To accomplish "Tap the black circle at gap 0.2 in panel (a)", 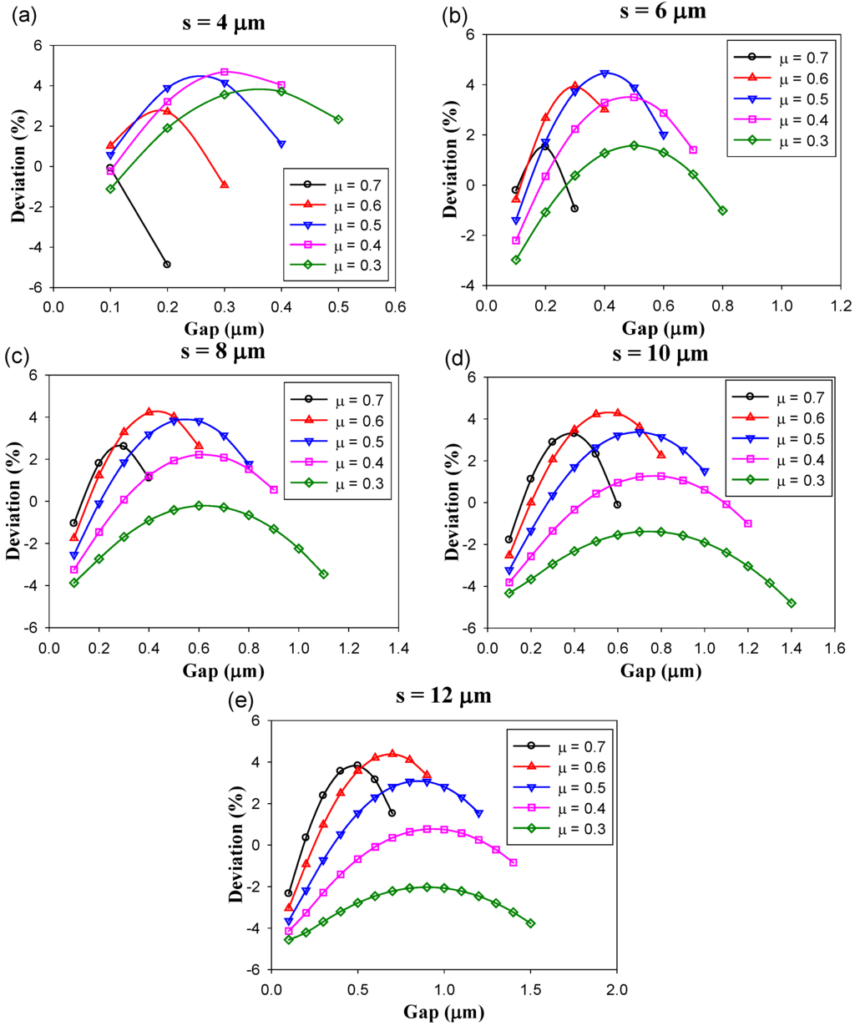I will pos(167,265).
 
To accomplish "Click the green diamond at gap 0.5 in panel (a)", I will pos(338,119).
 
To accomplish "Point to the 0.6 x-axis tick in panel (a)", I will pos(395,306).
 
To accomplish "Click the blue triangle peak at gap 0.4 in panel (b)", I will pos(605,73).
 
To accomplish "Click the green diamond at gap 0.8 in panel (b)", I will pos(722,210).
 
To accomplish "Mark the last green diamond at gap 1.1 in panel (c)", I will pos(323,574).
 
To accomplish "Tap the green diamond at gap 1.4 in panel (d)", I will pos(792,603).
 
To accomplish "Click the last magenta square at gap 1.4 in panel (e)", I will pos(513,862).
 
